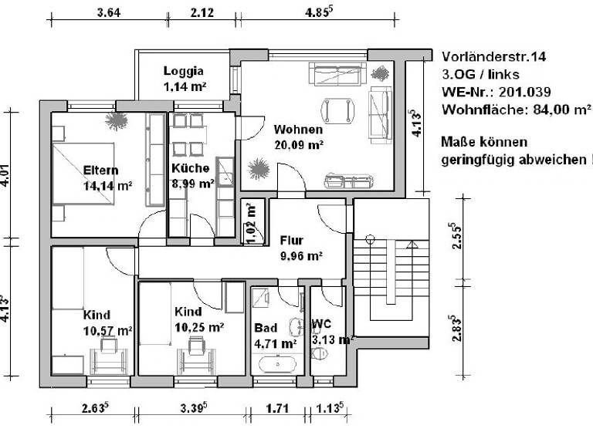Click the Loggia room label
(x=183, y=72)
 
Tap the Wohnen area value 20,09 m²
(x=298, y=143)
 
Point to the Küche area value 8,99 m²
(x=191, y=184)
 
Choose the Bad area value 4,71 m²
(x=276, y=343)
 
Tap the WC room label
(x=321, y=324)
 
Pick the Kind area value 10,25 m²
(x=199, y=327)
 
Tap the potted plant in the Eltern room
(x=118, y=120)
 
